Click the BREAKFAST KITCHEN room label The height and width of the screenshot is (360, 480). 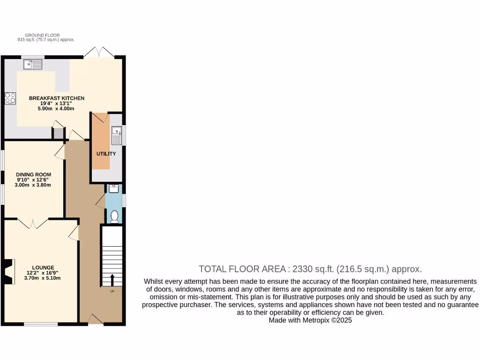pos(57,98)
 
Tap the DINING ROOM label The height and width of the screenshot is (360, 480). pos(34,174)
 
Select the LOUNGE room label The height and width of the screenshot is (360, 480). pos(43,267)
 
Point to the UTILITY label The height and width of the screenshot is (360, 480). pos(106,154)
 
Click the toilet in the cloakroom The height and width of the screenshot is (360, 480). pos(114,216)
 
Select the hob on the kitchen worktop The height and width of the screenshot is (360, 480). pos(10,98)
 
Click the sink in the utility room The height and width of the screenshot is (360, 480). pos(116,135)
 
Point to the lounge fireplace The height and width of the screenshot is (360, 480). pos(8,271)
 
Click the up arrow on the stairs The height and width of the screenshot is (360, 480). pos(112,280)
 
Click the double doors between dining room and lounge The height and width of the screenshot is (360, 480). pos(33,223)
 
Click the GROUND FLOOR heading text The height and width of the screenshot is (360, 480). pos(42,35)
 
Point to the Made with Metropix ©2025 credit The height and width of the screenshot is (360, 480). pos(310,320)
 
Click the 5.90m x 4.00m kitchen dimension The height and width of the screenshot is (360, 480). pos(57,109)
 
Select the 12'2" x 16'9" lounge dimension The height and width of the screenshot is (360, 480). pos(43,273)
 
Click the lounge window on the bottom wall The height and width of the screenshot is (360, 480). pos(41,324)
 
